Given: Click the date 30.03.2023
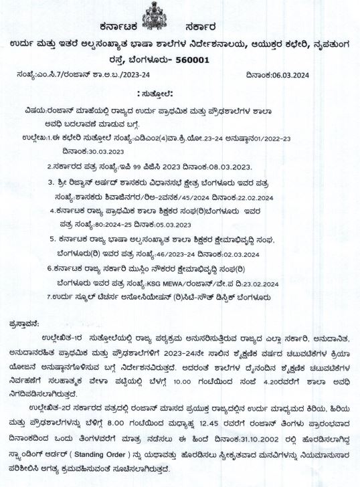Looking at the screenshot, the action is pos(101,151).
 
